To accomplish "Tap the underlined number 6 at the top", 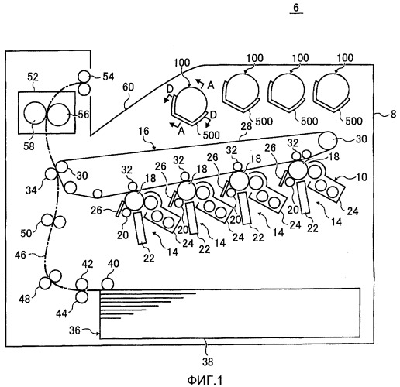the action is [x=296, y=8].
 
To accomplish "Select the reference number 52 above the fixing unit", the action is [x=33, y=77].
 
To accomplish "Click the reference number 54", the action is [x=109, y=77].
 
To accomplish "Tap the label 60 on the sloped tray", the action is [x=128, y=87].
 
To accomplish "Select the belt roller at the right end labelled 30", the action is [x=327, y=140].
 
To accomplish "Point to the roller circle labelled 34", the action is [x=51, y=173].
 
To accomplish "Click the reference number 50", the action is [x=26, y=233].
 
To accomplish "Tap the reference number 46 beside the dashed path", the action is [x=20, y=255].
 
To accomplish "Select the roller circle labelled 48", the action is [x=45, y=283].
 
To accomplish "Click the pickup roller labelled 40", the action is [x=108, y=284].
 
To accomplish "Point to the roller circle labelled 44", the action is [x=82, y=296].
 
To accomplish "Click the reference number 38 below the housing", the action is [x=208, y=361].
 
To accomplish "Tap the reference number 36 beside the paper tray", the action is [x=74, y=330].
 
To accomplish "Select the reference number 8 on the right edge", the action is [x=393, y=114].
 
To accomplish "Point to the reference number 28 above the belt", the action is [x=247, y=126].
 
